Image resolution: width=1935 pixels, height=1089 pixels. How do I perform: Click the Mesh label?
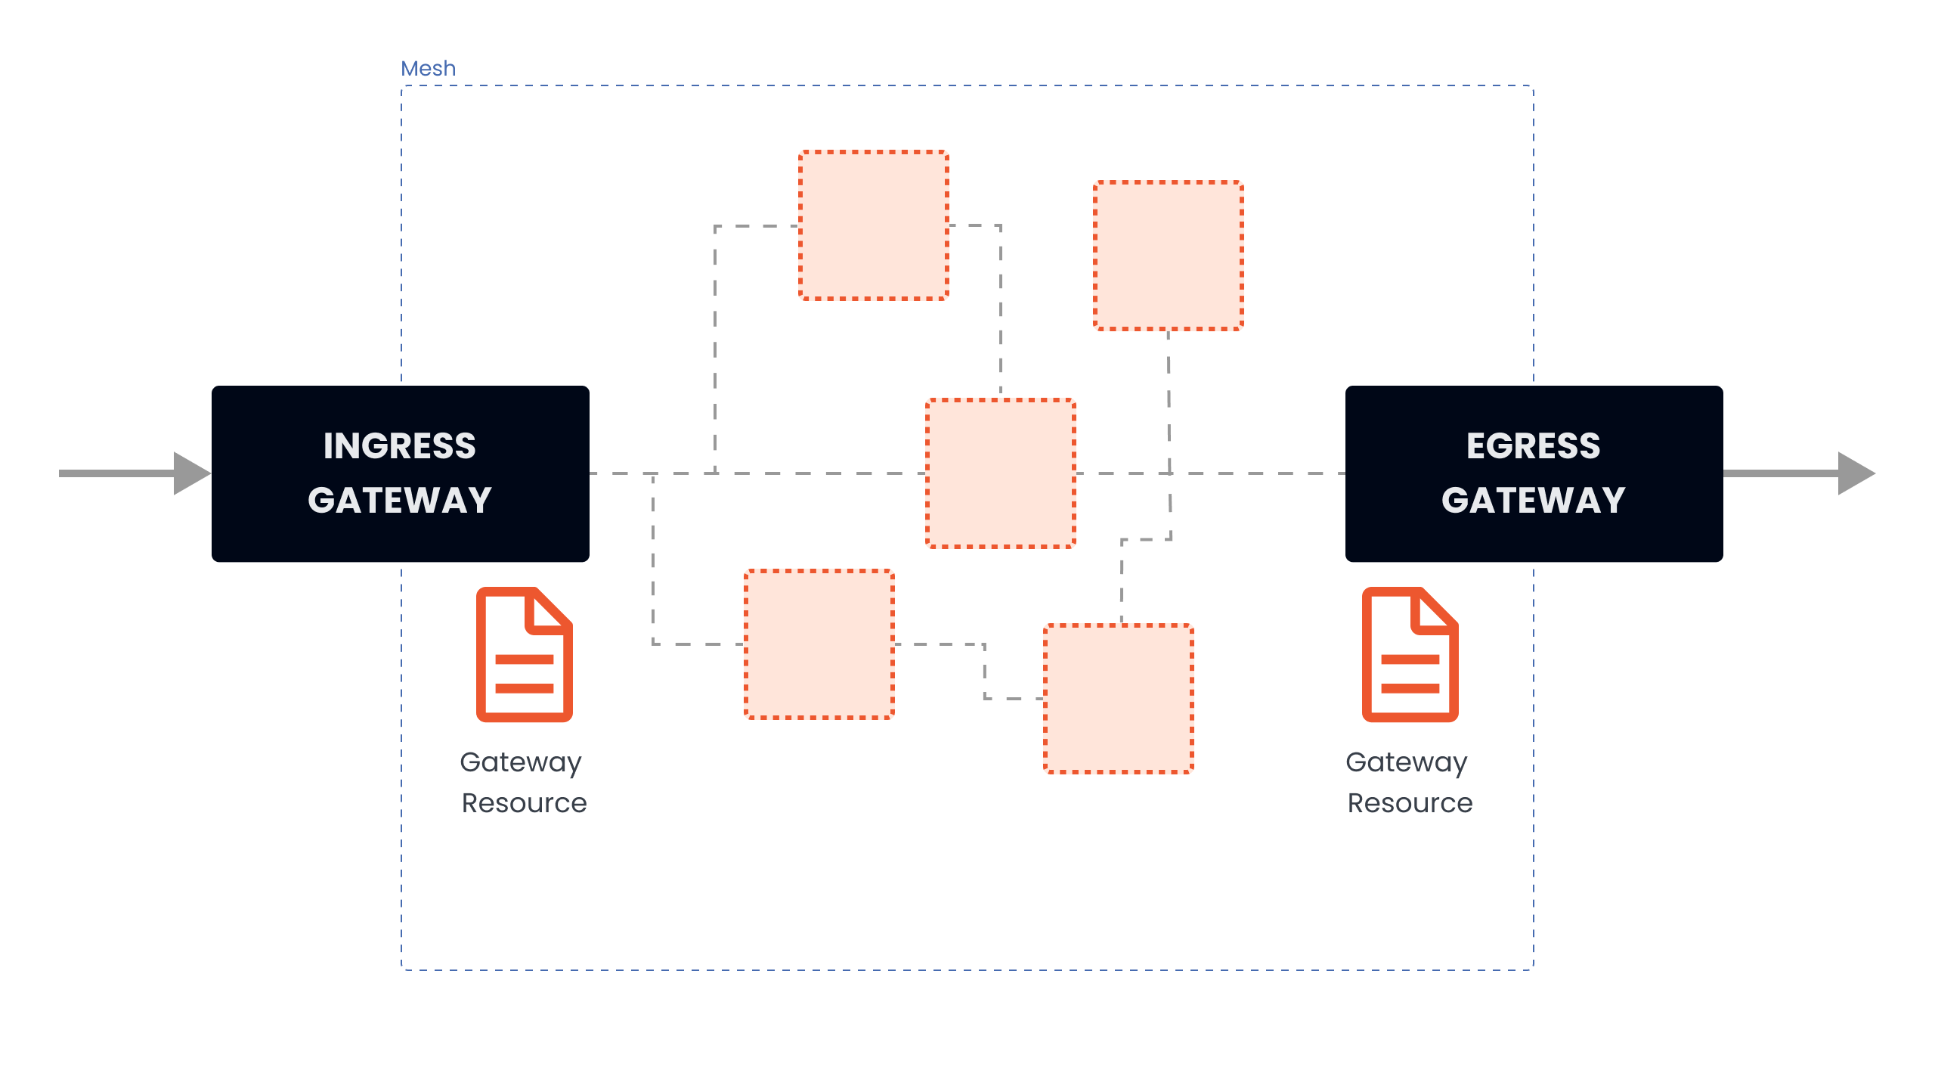pyautogui.click(x=428, y=69)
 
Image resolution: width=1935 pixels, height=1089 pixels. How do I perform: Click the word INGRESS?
pyautogui.click(x=400, y=446)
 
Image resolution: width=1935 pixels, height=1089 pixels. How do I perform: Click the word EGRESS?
pyautogui.click(x=1533, y=446)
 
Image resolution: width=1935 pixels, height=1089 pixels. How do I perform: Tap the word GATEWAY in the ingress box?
pyautogui.click(x=400, y=501)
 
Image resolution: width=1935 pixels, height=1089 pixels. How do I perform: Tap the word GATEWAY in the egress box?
pyautogui.click(x=1533, y=501)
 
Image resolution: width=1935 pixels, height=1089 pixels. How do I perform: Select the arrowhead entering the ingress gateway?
pyautogui.click(x=190, y=473)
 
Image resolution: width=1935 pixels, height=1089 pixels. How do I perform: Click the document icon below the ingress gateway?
pyautogui.click(x=524, y=655)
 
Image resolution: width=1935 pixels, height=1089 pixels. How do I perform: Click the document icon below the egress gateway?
pyautogui.click(x=1410, y=655)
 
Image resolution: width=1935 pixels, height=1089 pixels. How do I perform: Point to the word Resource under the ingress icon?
pyautogui.click(x=524, y=803)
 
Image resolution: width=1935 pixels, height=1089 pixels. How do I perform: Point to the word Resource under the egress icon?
pyautogui.click(x=1410, y=803)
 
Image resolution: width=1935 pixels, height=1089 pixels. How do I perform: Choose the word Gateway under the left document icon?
pyautogui.click(x=521, y=762)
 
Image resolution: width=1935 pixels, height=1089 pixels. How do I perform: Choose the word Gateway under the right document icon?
pyautogui.click(x=1407, y=762)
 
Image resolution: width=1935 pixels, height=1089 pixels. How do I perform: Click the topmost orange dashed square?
pyautogui.click(x=874, y=225)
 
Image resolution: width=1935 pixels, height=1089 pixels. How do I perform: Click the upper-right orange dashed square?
pyautogui.click(x=1169, y=256)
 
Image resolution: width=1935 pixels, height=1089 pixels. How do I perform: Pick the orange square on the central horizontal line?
pyautogui.click(x=1001, y=473)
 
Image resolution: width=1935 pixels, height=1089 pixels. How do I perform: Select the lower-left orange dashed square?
pyautogui.click(x=819, y=644)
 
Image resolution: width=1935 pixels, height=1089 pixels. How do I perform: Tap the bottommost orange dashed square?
pyautogui.click(x=1119, y=699)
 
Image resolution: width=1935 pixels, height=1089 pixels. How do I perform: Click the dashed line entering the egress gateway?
pyautogui.click(x=1285, y=473)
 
